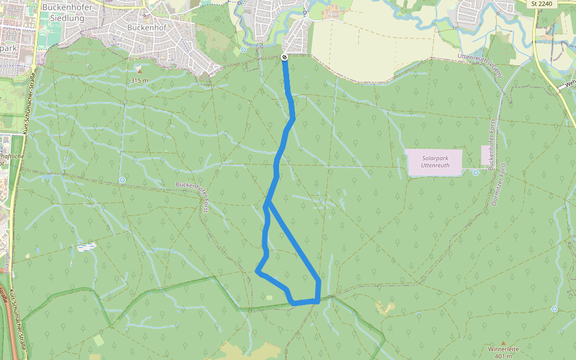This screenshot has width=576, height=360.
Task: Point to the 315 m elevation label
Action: point(139,80)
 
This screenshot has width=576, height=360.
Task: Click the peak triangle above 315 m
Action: point(139,70)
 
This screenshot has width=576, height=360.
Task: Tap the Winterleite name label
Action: point(503,349)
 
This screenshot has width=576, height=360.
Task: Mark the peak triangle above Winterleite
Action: point(503,342)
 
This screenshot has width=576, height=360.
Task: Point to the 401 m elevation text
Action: point(503,356)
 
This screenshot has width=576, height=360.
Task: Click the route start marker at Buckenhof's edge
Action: point(284,57)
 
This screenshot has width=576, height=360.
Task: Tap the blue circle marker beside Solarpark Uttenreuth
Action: point(475,173)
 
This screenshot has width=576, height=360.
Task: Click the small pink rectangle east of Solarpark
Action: point(490,155)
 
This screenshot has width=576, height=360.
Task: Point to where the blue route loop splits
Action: point(268,204)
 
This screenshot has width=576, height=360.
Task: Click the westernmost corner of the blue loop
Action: point(257,271)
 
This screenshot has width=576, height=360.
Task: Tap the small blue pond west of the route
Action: point(86,247)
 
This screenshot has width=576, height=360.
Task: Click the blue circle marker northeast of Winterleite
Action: point(554,309)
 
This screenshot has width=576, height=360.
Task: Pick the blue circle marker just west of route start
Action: point(244,50)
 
